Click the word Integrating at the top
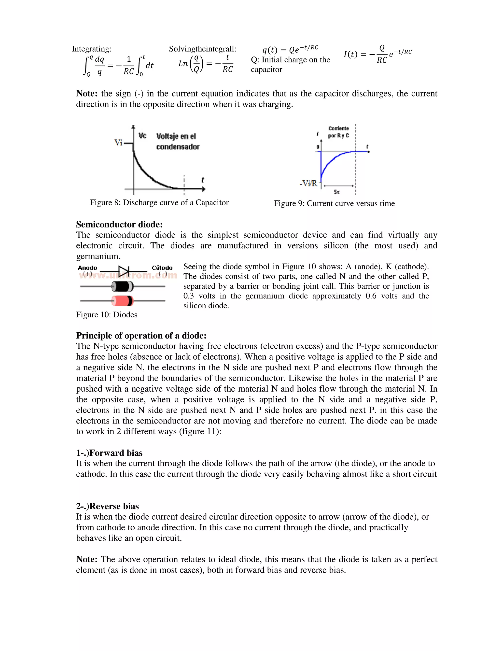(91, 49)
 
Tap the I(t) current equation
(377, 54)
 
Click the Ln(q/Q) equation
(206, 64)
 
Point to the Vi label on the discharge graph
(118, 142)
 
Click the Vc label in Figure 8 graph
(142, 136)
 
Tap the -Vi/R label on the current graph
(308, 183)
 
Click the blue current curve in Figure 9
(331, 161)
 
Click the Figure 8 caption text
(159, 203)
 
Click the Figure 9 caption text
(334, 204)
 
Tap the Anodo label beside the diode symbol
(87, 268)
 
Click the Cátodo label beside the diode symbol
(162, 268)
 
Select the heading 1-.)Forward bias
(109, 453)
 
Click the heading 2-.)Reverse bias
(107, 506)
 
